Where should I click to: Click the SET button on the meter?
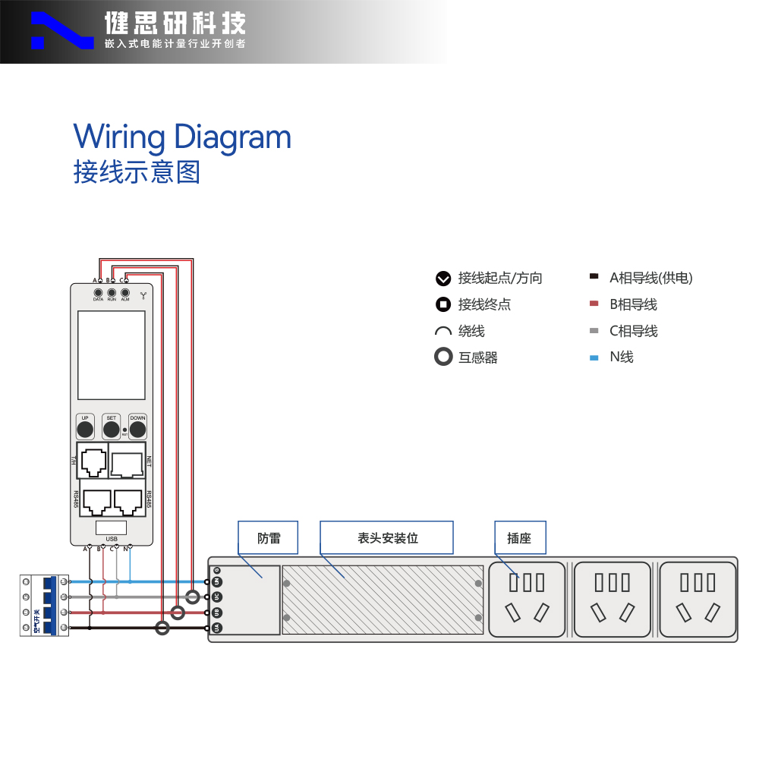coord(112,430)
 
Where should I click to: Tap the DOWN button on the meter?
coord(137,430)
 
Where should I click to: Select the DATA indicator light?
coord(98,293)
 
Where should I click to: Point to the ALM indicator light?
coord(125,293)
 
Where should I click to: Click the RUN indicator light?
coord(112,293)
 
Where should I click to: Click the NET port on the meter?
coord(127,461)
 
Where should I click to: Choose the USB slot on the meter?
coord(112,528)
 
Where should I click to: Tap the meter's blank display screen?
coord(112,354)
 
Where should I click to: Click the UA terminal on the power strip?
coord(216,628)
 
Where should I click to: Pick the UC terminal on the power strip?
coord(216,597)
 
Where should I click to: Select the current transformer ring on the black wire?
coord(162,628)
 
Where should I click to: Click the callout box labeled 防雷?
coord(269,537)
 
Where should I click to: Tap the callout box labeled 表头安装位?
coord(386,537)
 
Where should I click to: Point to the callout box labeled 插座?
coord(520,537)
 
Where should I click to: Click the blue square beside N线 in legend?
coord(594,357)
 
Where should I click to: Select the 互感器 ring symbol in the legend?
coord(443,357)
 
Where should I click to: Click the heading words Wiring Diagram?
coord(182,137)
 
